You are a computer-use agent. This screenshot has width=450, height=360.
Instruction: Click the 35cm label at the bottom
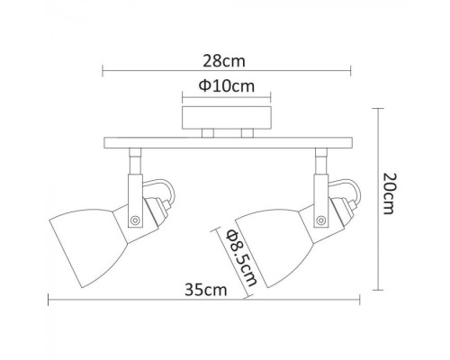tap(206, 290)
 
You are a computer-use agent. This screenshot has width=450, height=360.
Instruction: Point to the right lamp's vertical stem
tap(319, 166)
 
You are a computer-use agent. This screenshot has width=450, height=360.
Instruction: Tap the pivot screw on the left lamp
tap(135, 219)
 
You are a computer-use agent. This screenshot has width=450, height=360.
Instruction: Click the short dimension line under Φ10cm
tap(225, 97)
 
